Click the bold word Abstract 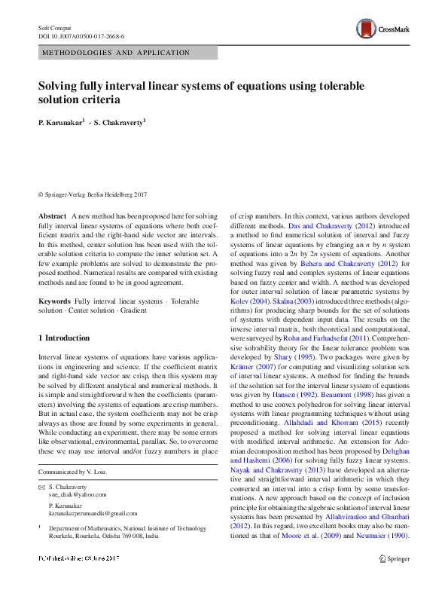pos(52,216)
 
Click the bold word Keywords pos(55,301)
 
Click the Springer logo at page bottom pos(393,579)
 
